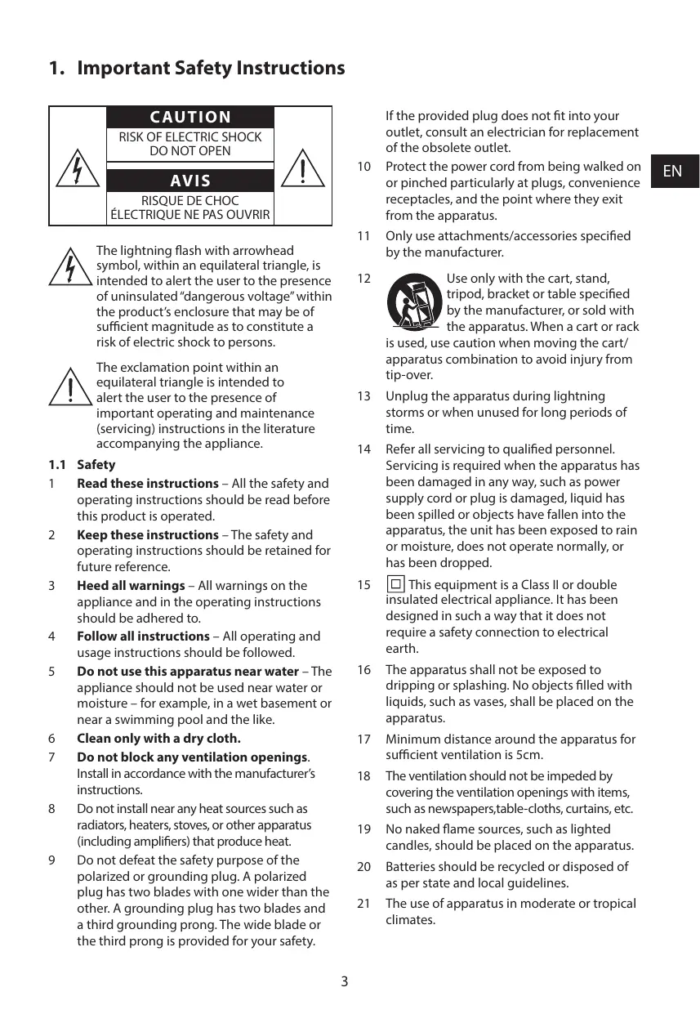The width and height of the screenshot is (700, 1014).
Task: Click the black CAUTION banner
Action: (190, 118)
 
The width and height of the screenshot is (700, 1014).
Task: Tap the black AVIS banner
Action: (190, 181)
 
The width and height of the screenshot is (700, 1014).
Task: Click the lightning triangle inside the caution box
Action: (78, 169)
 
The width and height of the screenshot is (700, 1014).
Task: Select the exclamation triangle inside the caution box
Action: (302, 169)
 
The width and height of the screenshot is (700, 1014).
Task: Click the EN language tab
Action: (673, 171)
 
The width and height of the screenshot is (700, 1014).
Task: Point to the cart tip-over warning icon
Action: (413, 302)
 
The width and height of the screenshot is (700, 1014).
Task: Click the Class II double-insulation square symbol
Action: (395, 584)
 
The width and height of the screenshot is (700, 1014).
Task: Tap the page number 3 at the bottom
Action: (344, 981)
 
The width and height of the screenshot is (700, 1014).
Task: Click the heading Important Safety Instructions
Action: (211, 69)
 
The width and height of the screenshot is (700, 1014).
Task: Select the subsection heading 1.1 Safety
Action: (82, 465)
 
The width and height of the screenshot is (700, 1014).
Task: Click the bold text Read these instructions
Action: (147, 484)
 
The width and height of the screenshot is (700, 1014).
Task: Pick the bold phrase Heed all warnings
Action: (131, 586)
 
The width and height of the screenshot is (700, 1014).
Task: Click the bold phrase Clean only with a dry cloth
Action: (158, 739)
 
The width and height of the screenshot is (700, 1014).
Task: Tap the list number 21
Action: (364, 904)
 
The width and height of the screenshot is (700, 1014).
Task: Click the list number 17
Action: (364, 739)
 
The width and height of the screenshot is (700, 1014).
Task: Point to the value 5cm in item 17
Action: (531, 756)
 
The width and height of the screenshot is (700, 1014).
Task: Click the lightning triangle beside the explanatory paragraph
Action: (69, 267)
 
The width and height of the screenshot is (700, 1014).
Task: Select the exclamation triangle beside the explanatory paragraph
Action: (69, 386)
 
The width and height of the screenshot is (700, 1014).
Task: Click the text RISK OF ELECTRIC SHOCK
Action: (190, 137)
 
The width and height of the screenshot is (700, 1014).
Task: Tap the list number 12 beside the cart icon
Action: (364, 279)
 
